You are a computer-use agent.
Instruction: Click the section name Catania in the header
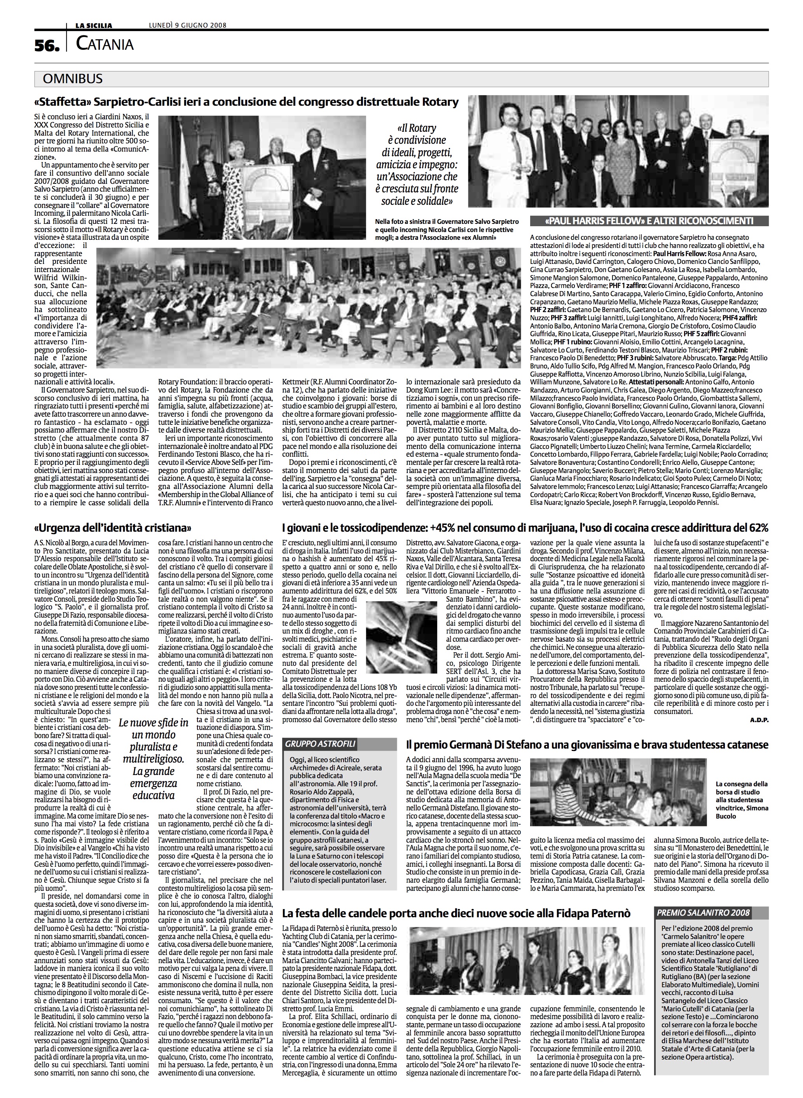[x=105, y=45]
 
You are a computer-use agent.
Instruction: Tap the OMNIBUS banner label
[x=73, y=79]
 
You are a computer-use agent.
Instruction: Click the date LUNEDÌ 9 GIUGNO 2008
[x=188, y=26]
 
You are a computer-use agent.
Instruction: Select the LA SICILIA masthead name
[x=93, y=26]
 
